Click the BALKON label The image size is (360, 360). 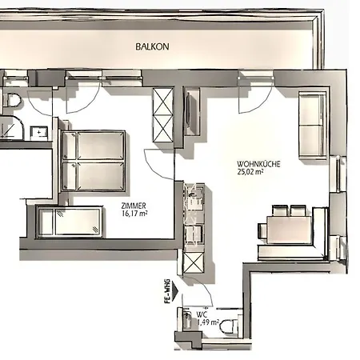(152, 46)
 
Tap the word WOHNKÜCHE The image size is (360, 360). (258, 164)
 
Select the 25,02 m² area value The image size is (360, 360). (250, 172)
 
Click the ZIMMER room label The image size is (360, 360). (134, 206)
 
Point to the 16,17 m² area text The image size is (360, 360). (134, 214)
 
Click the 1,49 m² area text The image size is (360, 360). (208, 322)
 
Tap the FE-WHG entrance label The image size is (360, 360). (167, 291)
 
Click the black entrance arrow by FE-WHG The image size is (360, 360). (175, 291)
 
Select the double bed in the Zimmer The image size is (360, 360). (94, 161)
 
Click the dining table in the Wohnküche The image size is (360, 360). (289, 230)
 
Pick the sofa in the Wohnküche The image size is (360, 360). (313, 126)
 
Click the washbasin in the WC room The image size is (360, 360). (187, 320)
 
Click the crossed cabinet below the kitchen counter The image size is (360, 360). (194, 262)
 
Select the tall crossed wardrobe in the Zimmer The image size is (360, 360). (163, 115)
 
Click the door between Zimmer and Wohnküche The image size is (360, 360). (159, 165)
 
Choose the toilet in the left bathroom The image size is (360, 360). (14, 100)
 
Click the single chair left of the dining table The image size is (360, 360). (262, 230)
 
